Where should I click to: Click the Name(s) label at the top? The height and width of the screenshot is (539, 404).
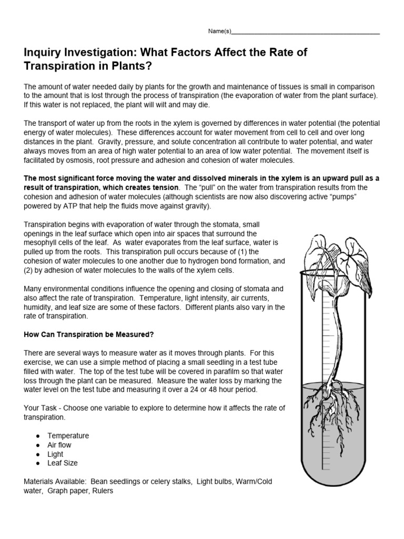pos(219,32)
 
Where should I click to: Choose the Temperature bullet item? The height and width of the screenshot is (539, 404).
pos(68,436)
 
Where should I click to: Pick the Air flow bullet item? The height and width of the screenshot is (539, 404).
pos(59,445)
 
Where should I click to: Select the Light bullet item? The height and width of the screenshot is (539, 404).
pos(55,454)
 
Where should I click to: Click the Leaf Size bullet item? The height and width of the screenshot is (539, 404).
pos(62,463)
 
